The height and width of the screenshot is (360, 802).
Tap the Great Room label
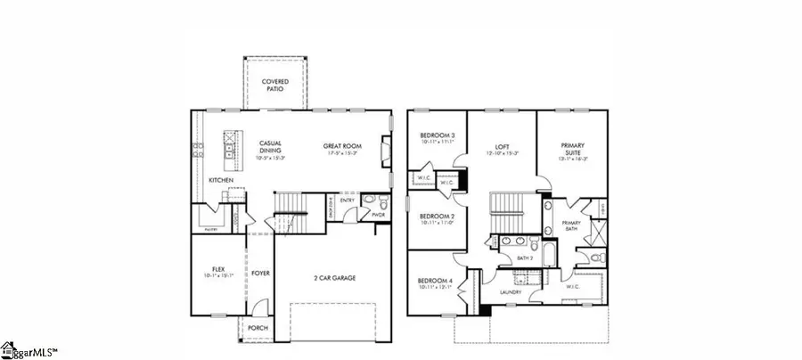click(x=341, y=145)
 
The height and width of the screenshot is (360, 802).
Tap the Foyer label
click(x=260, y=274)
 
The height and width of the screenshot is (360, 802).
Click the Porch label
click(x=257, y=327)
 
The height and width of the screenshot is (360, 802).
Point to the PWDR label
click(x=380, y=214)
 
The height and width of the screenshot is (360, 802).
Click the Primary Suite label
click(x=573, y=148)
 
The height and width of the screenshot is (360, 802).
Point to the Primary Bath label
click(x=570, y=226)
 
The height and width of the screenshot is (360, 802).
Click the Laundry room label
click(x=510, y=291)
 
